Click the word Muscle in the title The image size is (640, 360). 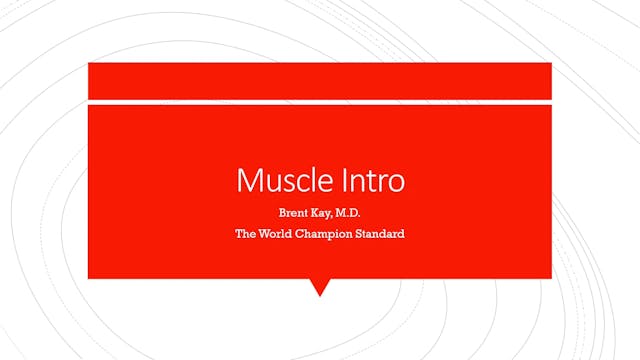pyautogui.click(x=277, y=182)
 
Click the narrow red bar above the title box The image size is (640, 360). pyautogui.click(x=320, y=80)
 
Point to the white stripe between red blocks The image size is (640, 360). pyautogui.click(x=320, y=101)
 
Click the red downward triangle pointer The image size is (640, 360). pyautogui.click(x=320, y=287)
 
